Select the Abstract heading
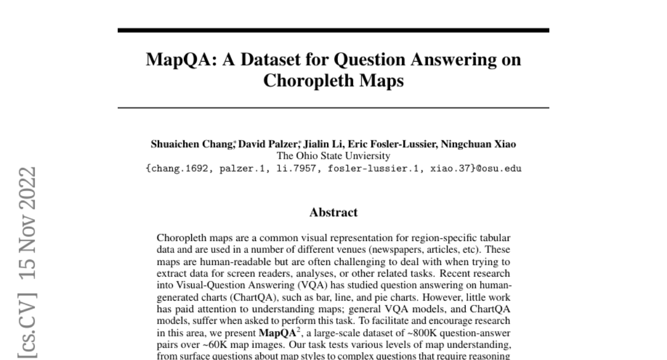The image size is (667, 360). coord(333,212)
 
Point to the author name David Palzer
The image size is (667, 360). coord(263,144)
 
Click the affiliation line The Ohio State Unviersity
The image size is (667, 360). coord(333,156)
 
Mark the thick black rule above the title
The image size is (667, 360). coord(333,30)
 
